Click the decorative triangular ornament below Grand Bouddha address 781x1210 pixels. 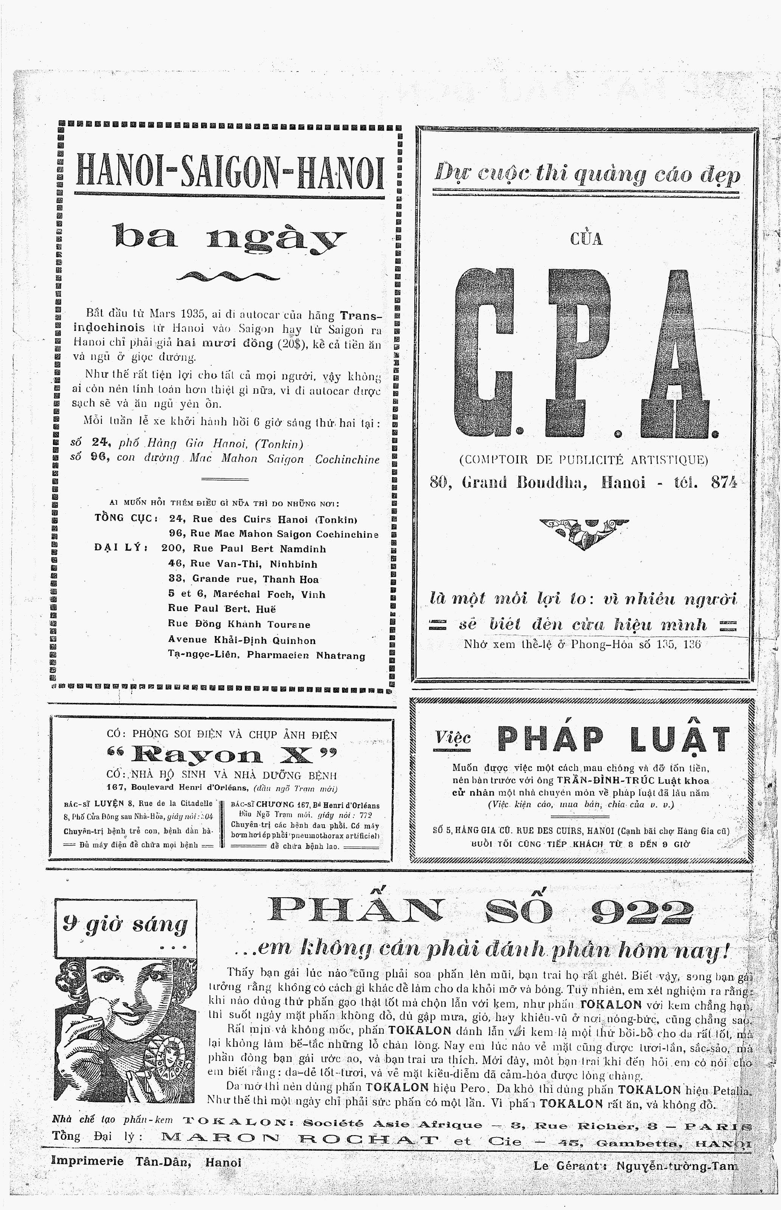[x=583, y=532]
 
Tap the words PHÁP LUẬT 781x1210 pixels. [x=613, y=739]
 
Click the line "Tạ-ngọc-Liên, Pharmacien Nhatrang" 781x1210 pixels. [x=266, y=655]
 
